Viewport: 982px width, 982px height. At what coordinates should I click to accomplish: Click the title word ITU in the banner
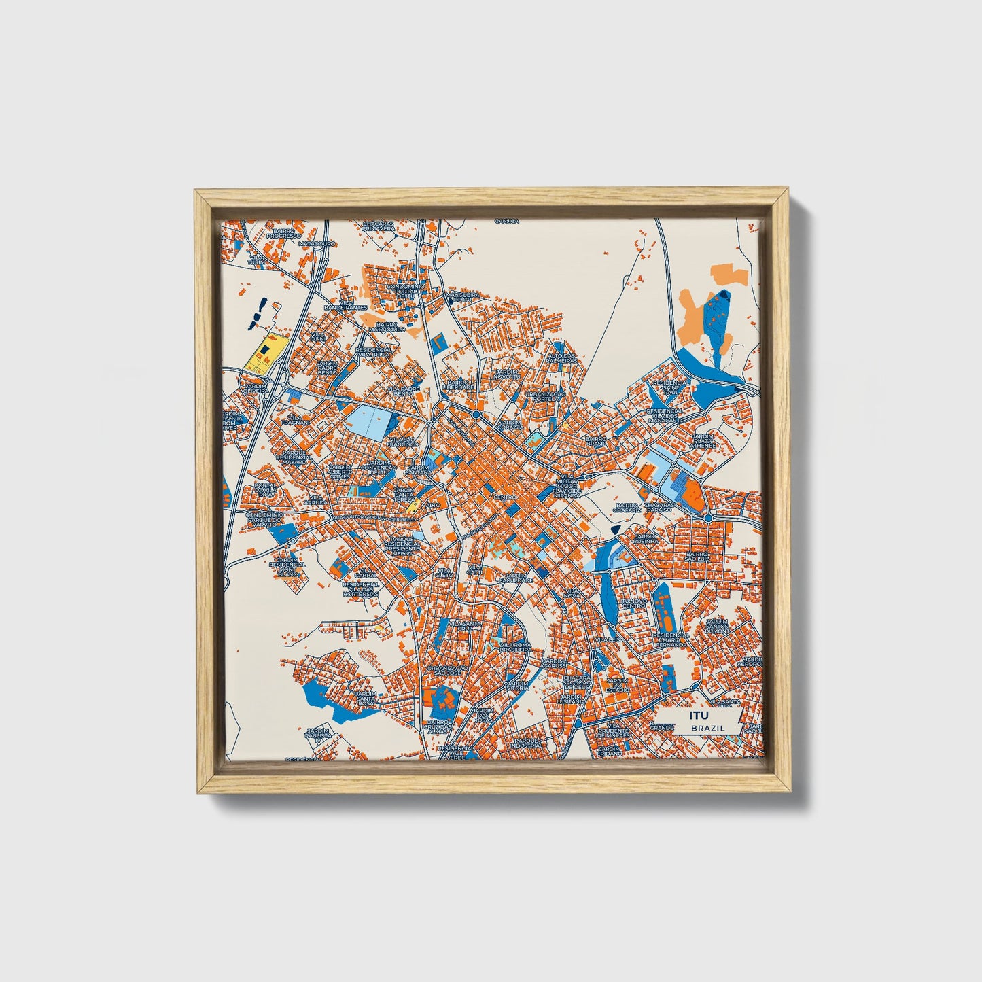point(698,716)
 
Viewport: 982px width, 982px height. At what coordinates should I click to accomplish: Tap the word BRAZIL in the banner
point(707,728)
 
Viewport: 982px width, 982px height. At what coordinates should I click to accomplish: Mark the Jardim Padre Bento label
point(327,368)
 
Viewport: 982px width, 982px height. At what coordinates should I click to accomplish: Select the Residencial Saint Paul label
point(670,387)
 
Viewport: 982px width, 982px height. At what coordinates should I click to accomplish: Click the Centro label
point(506,497)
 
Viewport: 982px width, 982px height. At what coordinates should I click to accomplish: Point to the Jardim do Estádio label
point(618,684)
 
